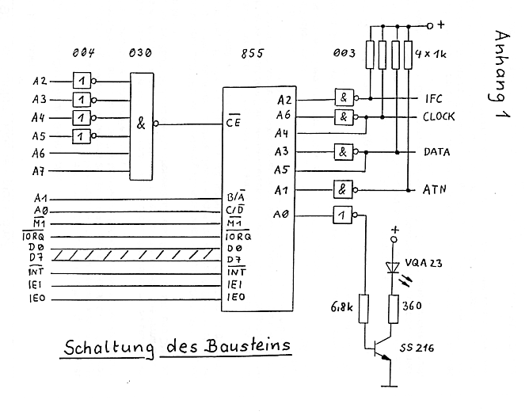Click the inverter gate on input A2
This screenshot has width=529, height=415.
pos(82,81)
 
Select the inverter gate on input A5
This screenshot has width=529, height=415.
pos(82,136)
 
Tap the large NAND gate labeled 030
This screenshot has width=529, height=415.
pos(141,124)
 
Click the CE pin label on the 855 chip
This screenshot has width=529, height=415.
pos(233,124)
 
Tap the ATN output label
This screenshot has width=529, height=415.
pos(436,189)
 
